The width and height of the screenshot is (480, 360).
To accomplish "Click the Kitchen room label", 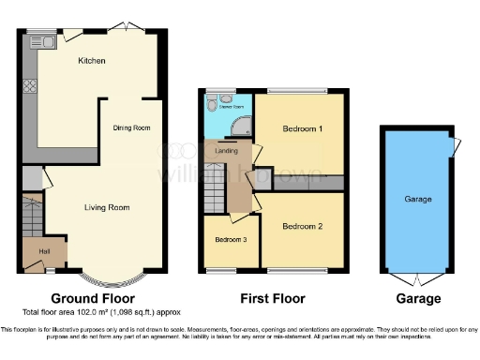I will (x=92, y=61).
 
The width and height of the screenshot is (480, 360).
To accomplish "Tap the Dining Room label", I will (x=132, y=127).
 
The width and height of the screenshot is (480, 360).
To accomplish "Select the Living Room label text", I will (x=107, y=207).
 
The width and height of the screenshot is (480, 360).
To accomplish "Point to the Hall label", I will (x=43, y=250).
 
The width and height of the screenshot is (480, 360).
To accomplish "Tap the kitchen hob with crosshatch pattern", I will (x=29, y=85).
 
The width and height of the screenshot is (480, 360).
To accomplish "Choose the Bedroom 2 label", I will (x=302, y=226).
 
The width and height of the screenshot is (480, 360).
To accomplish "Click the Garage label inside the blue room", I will (x=418, y=200).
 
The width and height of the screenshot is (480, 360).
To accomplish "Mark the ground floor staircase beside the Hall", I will (x=32, y=216).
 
